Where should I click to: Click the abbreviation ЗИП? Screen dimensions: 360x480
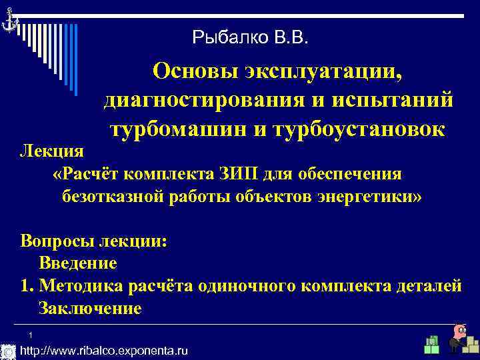[236, 174]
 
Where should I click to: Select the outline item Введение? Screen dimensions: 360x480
[78, 263]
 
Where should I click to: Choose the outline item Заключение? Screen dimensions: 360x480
[90, 309]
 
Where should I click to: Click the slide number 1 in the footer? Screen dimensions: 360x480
[31, 335]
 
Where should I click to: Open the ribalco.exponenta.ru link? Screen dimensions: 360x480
[105, 351]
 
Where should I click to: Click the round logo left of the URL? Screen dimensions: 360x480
[8, 351]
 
